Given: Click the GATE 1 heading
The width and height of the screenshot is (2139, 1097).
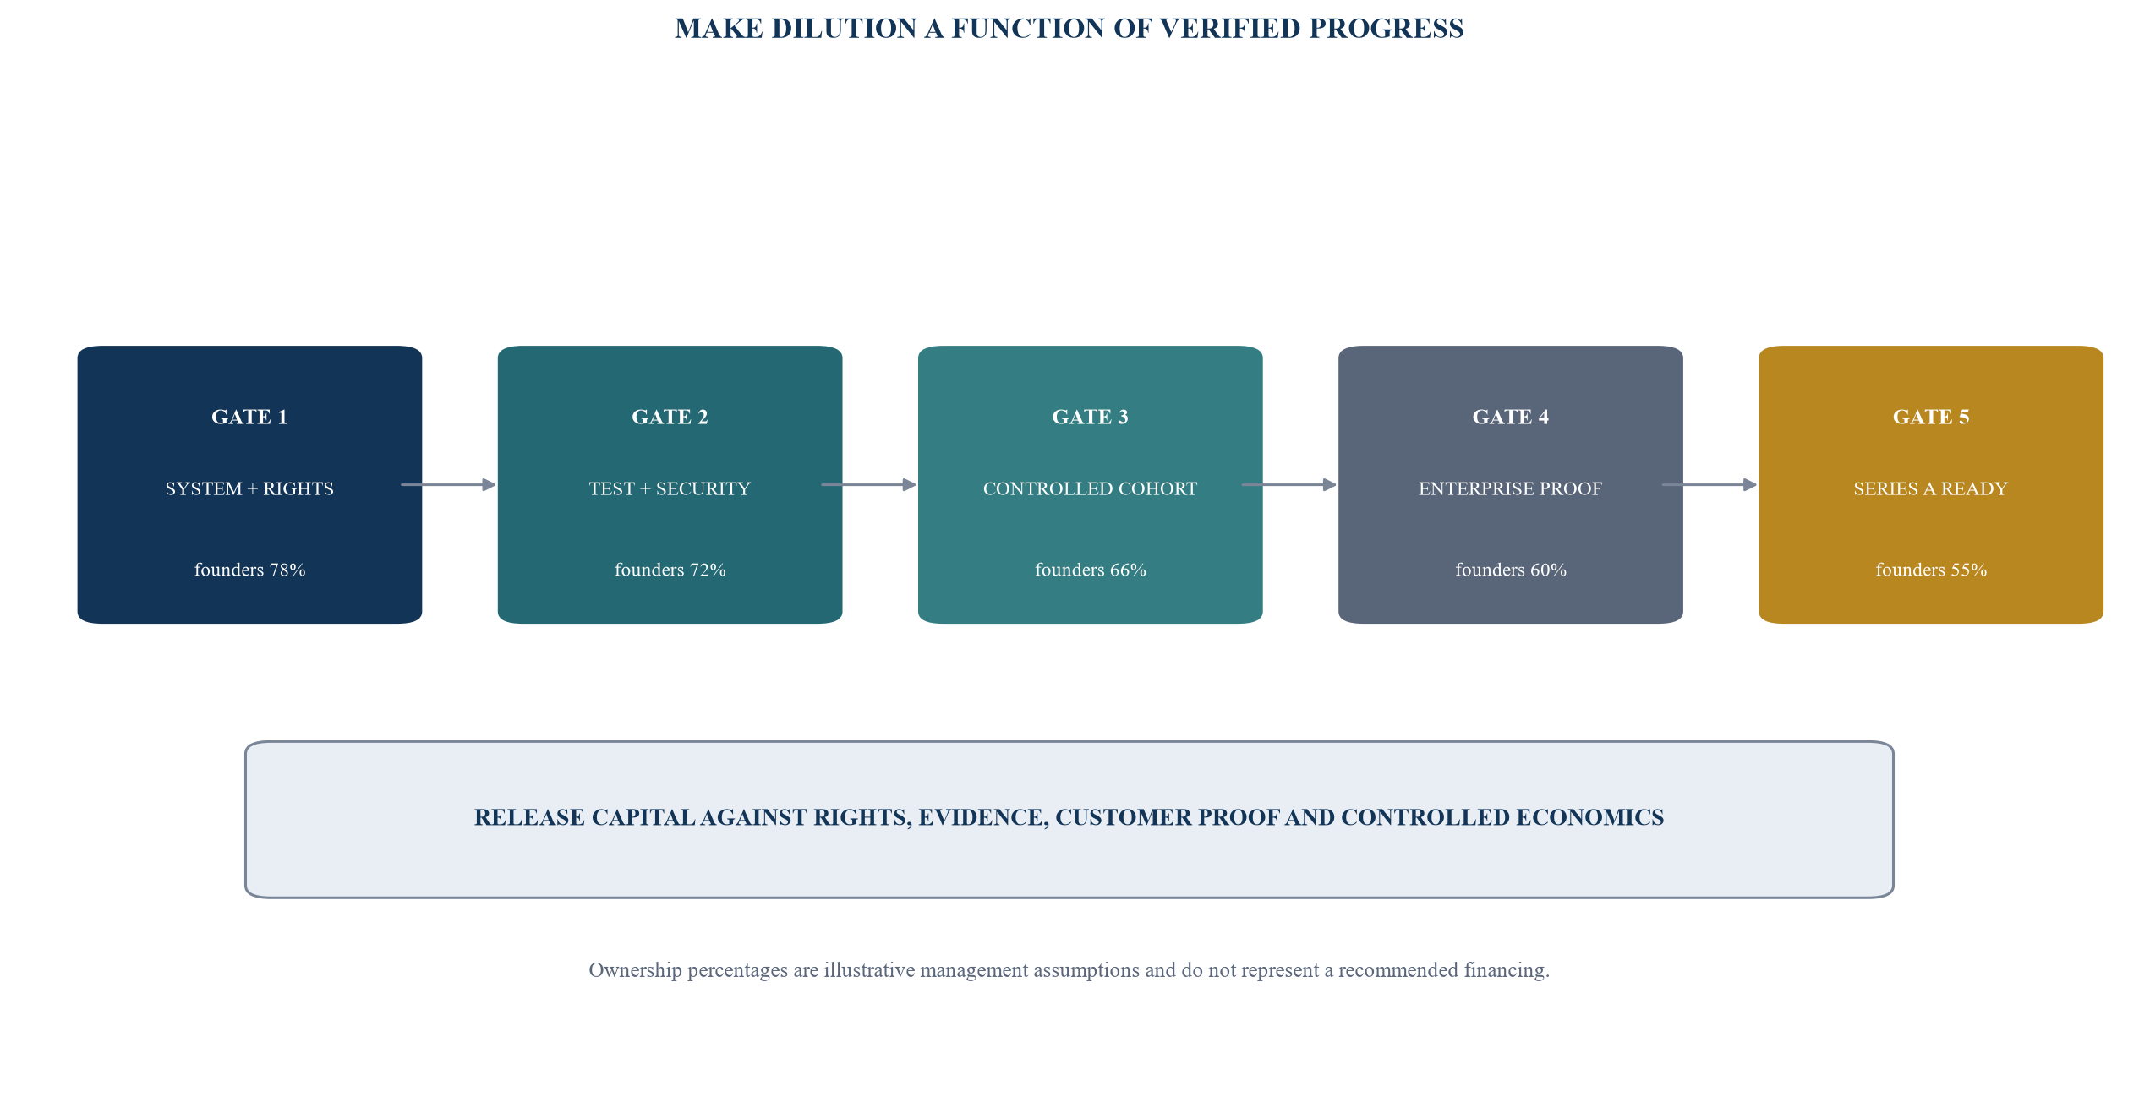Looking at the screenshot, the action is coord(249,417).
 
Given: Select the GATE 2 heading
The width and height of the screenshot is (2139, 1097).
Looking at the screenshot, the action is coord(670,417).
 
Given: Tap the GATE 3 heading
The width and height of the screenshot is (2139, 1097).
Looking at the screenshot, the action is coord(1090,417).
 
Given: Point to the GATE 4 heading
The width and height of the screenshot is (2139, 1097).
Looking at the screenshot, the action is coord(1510,417).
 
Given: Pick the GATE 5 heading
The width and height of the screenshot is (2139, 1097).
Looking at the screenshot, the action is coord(1931,417).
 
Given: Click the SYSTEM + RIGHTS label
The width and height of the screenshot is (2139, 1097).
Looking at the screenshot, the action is coord(249,488).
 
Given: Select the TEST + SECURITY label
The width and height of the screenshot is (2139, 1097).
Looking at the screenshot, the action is coord(670,488).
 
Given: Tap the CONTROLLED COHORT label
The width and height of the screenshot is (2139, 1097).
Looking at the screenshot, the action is coord(1090,488).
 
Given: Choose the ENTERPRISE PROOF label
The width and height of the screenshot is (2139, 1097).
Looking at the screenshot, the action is coord(1510,488).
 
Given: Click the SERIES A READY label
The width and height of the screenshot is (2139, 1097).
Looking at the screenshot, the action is coord(1931,488).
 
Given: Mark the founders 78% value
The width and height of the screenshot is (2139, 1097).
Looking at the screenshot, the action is coord(249,570).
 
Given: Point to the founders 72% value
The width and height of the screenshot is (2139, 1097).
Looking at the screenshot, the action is coord(670,570).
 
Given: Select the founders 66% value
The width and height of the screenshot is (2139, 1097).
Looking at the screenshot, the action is coord(1090,570).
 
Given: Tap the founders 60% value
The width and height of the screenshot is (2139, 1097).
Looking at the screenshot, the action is coord(1510,570).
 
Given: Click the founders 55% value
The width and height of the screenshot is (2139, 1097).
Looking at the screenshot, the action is coord(1931,570).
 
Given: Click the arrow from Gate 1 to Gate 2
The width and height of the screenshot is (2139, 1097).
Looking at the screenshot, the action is coord(448,485).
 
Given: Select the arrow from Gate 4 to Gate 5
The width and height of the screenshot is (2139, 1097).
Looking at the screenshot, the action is coord(1710,485).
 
